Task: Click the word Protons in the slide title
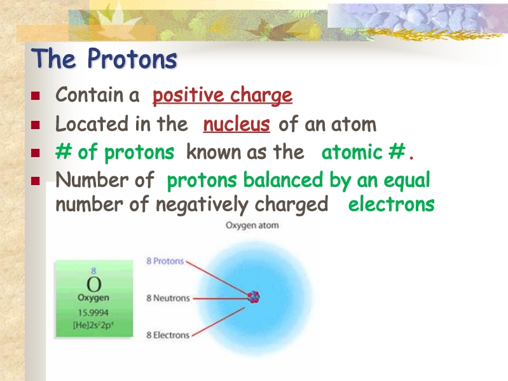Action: pos(132,59)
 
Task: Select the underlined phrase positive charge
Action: pos(223,95)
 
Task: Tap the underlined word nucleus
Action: pos(237,124)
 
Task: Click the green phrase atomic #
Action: pos(363,151)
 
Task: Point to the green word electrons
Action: pos(392,204)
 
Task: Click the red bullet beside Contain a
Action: pos(36,95)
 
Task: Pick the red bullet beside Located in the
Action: pos(36,125)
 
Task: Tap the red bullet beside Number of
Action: pos(36,181)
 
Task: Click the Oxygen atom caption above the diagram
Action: pos(252,226)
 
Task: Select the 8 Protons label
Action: pos(165,261)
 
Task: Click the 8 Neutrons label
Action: pos(168,298)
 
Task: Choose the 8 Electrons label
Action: pos(168,335)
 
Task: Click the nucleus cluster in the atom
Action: pos(254,296)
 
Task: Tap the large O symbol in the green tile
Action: pos(94,284)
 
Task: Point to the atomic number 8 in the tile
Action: pos(93,270)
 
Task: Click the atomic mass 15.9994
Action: pos(93,313)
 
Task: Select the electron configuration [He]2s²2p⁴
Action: pos(93,325)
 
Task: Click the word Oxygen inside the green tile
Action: pos(93,298)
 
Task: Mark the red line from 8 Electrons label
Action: pos(218,322)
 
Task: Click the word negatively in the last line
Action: pos(202,205)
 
